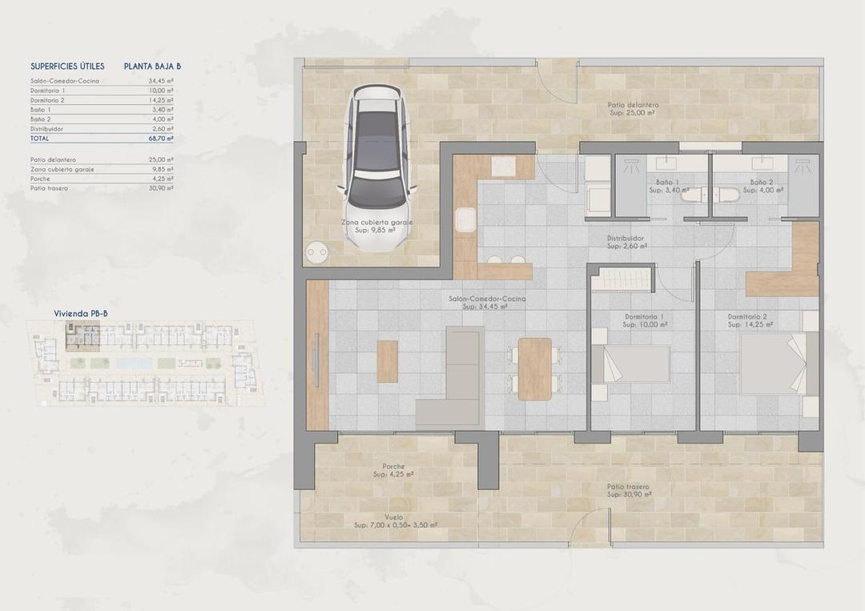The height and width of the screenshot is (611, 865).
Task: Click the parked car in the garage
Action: [380, 164]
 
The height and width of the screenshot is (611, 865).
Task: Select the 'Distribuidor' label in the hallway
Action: [626, 238]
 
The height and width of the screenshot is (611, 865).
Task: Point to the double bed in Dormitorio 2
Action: [774, 364]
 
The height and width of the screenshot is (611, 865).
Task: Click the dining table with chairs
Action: [534, 368]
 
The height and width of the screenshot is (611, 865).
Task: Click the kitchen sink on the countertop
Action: [465, 219]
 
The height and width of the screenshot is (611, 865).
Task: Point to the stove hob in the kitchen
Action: [502, 167]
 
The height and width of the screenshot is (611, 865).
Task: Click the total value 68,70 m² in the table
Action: [161, 138]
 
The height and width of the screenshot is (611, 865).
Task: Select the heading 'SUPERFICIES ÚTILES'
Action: [67, 66]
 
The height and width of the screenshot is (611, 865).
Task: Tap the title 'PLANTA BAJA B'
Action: [152, 66]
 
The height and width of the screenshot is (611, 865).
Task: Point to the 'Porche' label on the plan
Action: [393, 466]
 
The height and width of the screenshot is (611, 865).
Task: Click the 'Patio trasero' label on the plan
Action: [628, 486]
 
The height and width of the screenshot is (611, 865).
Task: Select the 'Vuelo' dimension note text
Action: [393, 517]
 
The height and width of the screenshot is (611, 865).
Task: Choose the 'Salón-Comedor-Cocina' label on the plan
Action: [487, 298]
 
